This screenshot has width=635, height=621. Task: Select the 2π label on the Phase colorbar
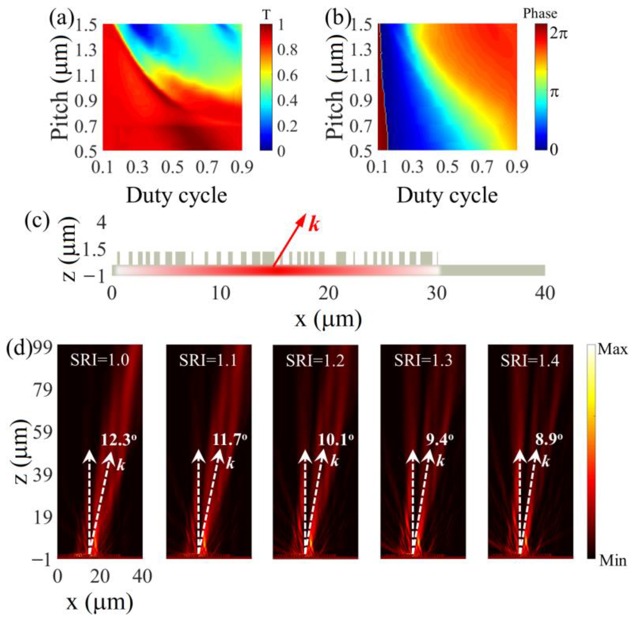[558, 33]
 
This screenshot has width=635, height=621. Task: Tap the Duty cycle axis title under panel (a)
[176, 196]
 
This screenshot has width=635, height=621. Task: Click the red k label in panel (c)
[313, 225]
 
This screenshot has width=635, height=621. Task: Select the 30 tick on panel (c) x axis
[437, 294]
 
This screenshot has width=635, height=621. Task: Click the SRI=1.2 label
[315, 361]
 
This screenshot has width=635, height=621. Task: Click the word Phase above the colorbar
[540, 13]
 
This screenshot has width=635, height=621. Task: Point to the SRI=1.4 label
[530, 361]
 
